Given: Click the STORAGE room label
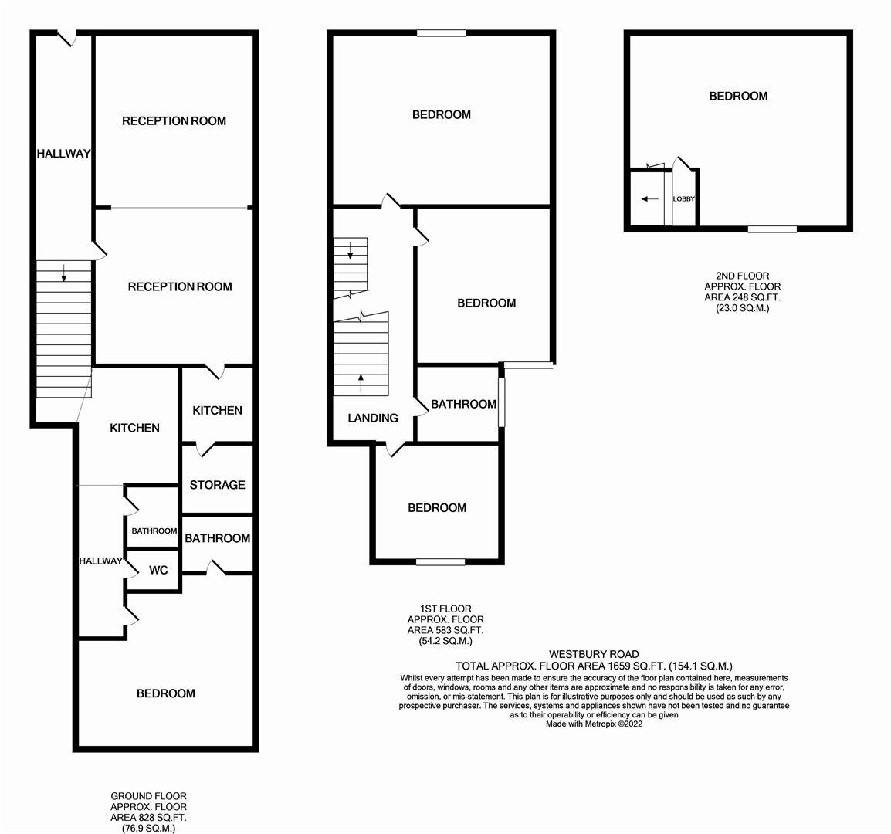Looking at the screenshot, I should pos(217,485).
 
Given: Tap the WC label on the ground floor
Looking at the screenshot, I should pos(158,571).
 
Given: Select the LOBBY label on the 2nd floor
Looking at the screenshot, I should pos(683,199).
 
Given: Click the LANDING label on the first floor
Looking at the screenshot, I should pos(373,418).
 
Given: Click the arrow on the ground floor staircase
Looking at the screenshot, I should pos(63,271).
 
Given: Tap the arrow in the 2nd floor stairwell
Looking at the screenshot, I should pos(649,199).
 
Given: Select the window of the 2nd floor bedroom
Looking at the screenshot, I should pos(772,229).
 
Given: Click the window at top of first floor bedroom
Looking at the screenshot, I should pos(442,33).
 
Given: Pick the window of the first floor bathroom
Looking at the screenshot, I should pos(501,402).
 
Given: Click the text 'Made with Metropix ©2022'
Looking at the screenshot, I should pos(594,724).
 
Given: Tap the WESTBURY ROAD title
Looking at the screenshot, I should pos(594,654).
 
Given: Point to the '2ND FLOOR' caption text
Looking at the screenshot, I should pos(742,276).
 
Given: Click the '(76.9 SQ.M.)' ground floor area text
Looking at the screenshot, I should pos(148,828).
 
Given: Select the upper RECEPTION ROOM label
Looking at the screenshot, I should pos(174,120).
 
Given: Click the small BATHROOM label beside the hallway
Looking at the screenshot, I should pos(154,531).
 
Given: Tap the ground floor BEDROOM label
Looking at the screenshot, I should pos(165,693).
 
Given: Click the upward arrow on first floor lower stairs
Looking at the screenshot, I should pos(361,378).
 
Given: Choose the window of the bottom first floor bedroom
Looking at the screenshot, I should pos(440,562).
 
